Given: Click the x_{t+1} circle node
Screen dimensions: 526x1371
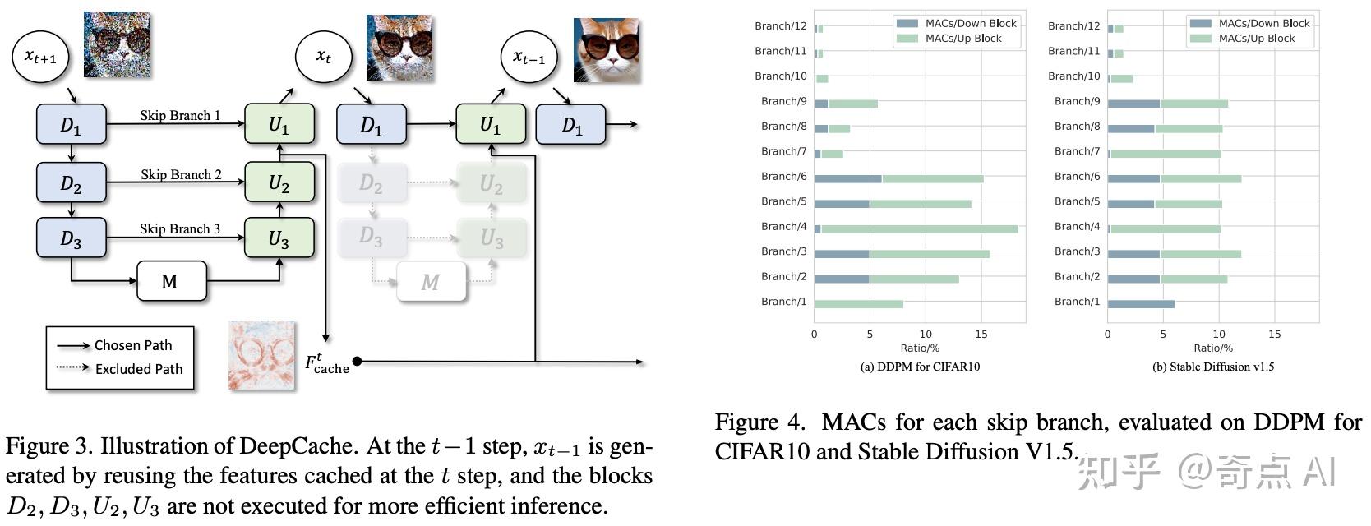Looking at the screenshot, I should pos(40,56).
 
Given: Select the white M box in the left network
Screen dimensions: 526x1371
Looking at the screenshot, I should pos(171,282).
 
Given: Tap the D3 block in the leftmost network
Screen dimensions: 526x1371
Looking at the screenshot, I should pos(72,238).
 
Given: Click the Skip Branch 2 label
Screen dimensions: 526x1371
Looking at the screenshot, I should pos(181,174).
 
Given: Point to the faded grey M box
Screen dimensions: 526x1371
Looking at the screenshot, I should pos(431,282).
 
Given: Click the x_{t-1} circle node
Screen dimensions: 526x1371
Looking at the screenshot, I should pos(529,57).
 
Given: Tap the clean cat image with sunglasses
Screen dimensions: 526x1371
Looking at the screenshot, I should pos(607,49).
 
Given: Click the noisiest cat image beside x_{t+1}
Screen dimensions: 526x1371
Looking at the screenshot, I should pos(117,44).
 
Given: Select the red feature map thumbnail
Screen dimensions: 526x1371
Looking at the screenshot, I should pos(261,354).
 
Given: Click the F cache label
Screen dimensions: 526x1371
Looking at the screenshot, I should pos(327,362).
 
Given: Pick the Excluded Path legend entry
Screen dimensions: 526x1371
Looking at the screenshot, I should pos(138,369).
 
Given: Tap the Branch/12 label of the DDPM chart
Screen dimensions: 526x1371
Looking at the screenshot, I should pos(780,26).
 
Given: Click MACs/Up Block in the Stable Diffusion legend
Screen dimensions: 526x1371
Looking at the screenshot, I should pos(1256,39).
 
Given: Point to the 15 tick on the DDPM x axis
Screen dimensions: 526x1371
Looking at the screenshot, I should pos(981,335).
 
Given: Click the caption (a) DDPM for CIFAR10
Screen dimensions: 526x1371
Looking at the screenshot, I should pos(919,367).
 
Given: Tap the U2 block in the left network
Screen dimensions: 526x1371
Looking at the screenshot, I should pos(279,182).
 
